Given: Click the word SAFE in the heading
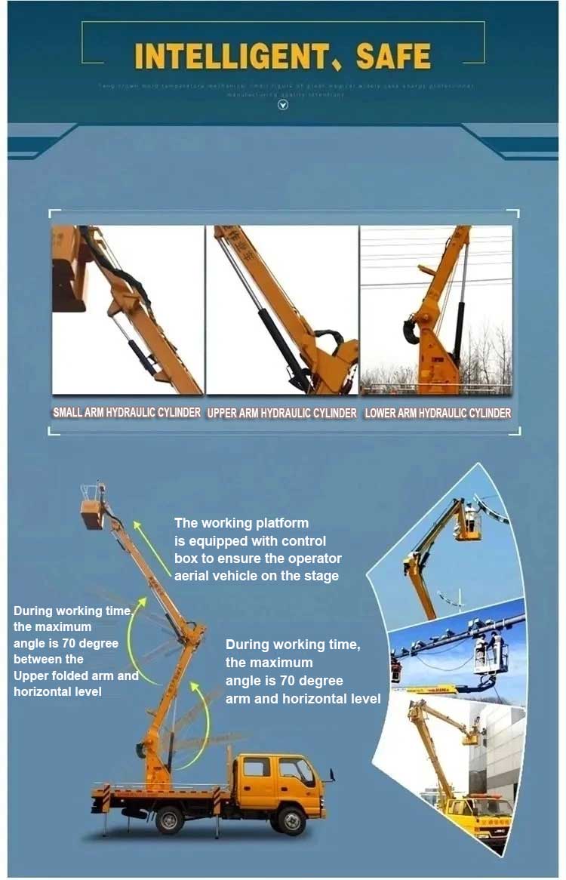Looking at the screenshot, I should [x=393, y=56].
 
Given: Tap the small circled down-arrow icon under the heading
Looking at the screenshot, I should [x=283, y=105].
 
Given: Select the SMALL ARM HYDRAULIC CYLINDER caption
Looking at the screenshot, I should [x=127, y=413].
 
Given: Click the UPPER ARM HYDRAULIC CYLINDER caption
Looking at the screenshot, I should [x=281, y=413].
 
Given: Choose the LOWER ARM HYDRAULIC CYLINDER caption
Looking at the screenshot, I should [x=438, y=413].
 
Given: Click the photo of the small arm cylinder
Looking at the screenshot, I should [x=127, y=309].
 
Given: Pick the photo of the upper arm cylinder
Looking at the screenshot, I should [x=282, y=309].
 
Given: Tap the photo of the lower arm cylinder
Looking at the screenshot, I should [x=436, y=309].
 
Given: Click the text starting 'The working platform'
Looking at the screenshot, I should [x=257, y=549].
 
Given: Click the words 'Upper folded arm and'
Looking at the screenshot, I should [x=75, y=675].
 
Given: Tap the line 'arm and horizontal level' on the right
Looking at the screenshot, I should [x=303, y=699].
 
